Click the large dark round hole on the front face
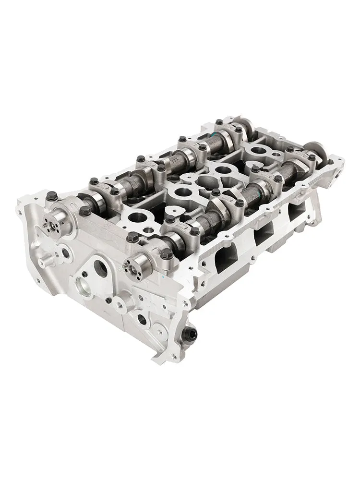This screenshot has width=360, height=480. point(100,269)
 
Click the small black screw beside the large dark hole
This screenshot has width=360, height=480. point(84,274)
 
